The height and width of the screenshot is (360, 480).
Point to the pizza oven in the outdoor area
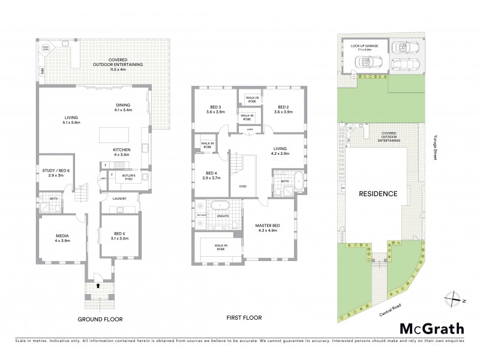45,47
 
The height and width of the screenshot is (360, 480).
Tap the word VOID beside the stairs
243,186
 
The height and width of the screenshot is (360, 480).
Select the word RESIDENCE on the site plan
378,194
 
